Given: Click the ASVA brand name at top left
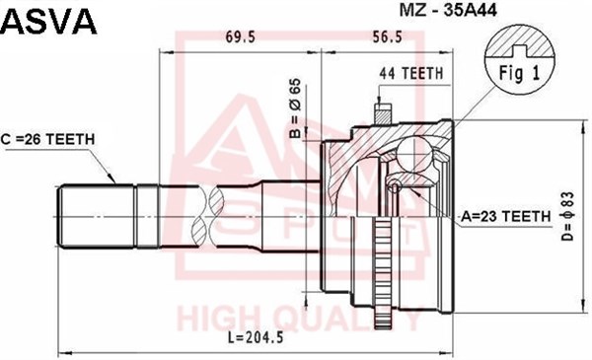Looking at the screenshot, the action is (49, 22).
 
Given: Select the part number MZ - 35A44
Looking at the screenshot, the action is (448, 11).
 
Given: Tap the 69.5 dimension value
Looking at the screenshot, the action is (241, 37).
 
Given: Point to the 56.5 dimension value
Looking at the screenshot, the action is (387, 37).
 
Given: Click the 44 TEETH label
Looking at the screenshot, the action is (411, 73).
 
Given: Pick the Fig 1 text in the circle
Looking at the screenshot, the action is (520, 73).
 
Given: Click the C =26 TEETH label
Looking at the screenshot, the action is (47, 140).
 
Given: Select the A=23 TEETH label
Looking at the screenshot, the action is (506, 217).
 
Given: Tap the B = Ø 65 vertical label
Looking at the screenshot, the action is (295, 108).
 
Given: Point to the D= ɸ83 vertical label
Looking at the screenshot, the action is (567, 216).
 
